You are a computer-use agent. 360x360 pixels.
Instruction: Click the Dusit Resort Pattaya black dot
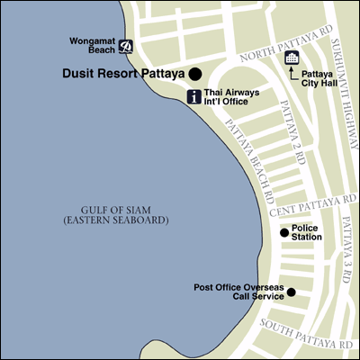coord(194,74)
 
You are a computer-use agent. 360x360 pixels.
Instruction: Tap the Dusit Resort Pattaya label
coord(123,74)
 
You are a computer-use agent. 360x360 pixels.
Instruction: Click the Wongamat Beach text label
coord(91,46)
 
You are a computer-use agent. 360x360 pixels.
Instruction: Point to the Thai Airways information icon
coord(193,97)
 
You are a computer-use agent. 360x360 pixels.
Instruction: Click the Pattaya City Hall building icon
coord(292,58)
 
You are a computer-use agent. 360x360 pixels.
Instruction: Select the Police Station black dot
coord(284,232)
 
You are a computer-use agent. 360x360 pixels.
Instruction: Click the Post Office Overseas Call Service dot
coord(291,292)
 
